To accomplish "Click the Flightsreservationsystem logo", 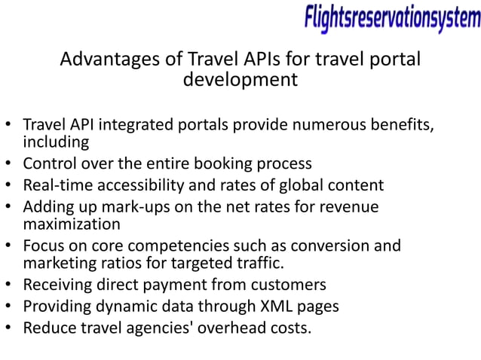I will (392, 19).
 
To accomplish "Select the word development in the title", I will (240, 79).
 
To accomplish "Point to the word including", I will (56, 142).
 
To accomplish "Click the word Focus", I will (43, 246).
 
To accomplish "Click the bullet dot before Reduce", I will (8, 328).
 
